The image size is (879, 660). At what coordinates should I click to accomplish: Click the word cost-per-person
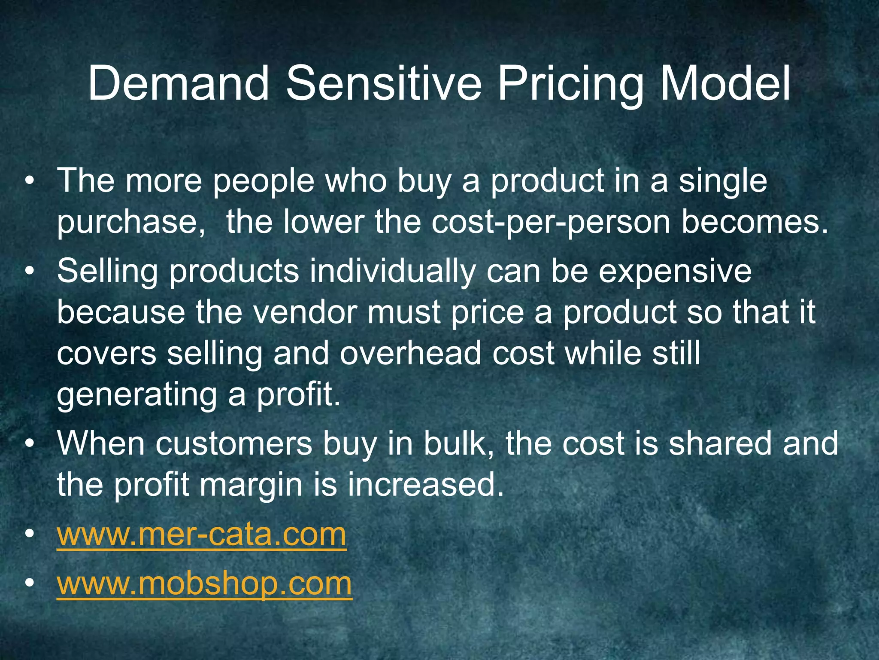[x=551, y=223]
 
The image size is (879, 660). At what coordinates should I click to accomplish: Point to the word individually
[x=392, y=272]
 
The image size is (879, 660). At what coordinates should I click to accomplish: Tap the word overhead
[x=410, y=353]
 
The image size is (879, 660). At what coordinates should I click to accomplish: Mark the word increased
[x=425, y=485]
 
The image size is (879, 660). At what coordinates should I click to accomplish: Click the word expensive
[x=675, y=272]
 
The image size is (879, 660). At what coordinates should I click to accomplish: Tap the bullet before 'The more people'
[x=29, y=181]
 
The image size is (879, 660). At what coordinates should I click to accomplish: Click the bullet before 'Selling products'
[x=29, y=272]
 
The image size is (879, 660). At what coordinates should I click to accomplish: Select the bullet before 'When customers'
[x=29, y=444]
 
